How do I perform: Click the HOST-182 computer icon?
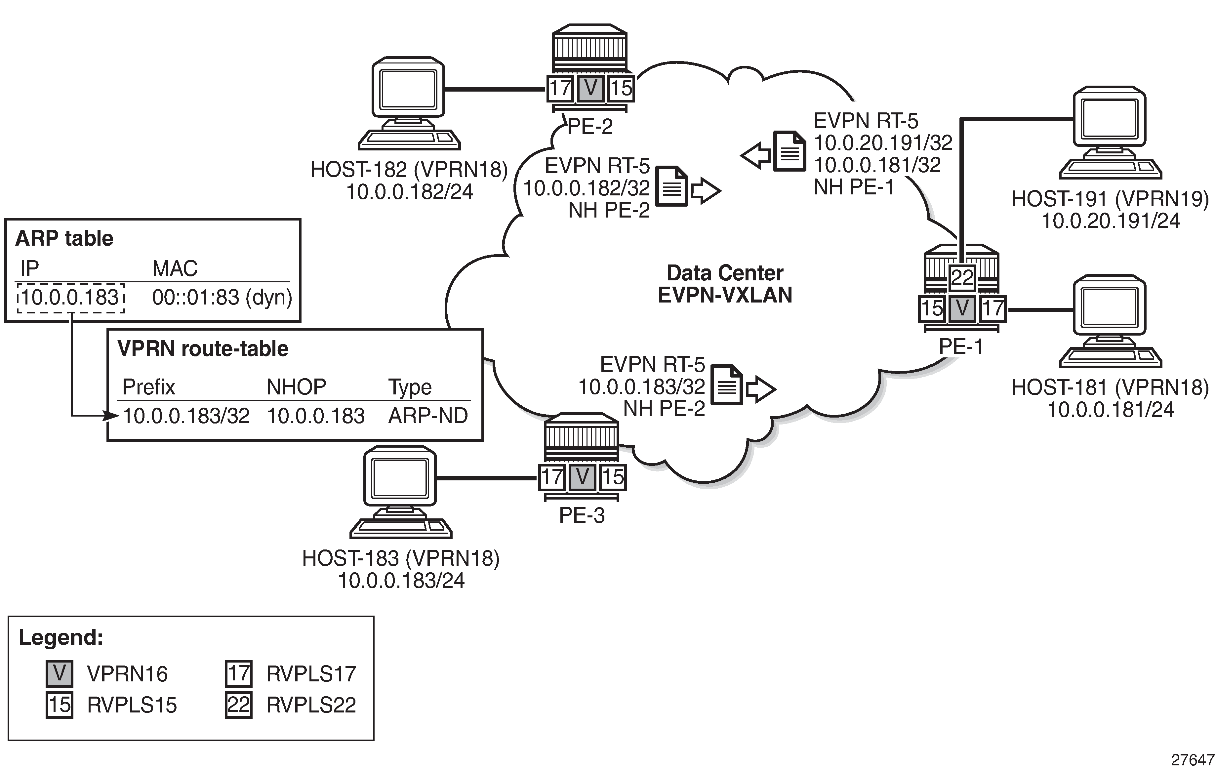(408, 103)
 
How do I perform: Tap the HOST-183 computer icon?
(400, 492)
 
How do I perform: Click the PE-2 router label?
(590, 127)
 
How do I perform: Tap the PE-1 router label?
(961, 347)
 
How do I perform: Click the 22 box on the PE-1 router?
(962, 277)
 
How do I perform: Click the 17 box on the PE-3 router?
(552, 477)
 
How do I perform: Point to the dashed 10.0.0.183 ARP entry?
(71, 298)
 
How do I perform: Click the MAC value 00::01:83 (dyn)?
(222, 298)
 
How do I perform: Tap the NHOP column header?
(296, 387)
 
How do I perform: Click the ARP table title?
(64, 238)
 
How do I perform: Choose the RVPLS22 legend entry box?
(238, 705)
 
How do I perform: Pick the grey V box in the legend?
(60, 674)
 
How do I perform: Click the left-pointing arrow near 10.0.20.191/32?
(755, 155)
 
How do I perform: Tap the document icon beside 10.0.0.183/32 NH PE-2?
(727, 385)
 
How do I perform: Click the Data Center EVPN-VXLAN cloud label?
(725, 284)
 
